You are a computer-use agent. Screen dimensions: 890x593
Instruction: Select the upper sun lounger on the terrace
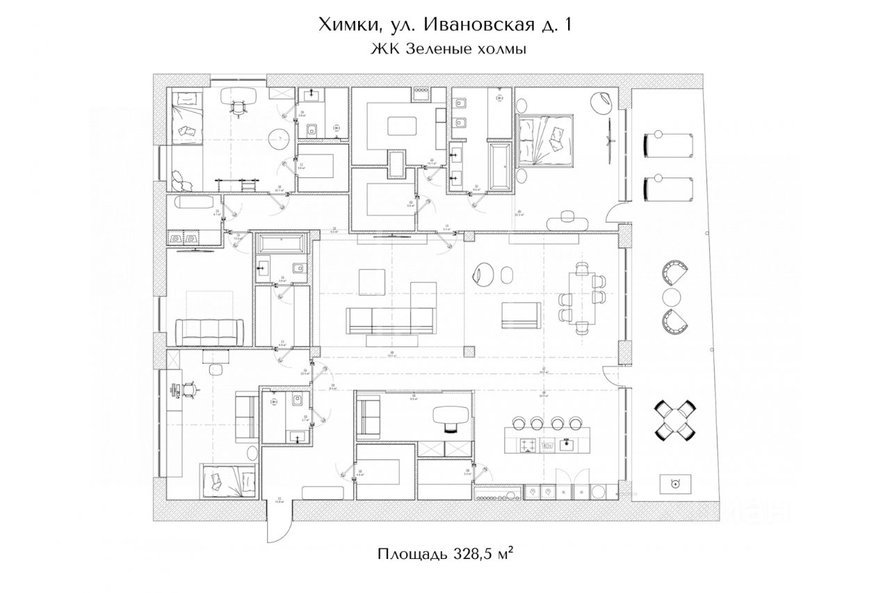pyautogui.click(x=668, y=145)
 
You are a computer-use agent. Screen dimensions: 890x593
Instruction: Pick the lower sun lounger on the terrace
pyautogui.click(x=668, y=187)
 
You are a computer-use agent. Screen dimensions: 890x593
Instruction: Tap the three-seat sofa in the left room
pyautogui.click(x=209, y=331)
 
